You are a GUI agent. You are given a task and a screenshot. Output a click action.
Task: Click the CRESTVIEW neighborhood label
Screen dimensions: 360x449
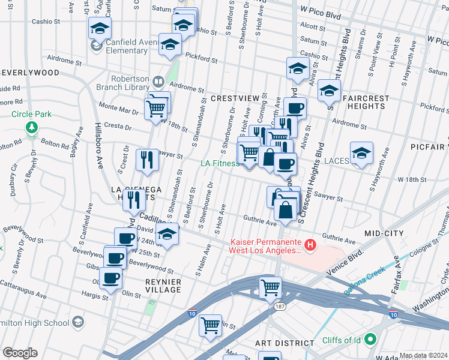pos(234,98)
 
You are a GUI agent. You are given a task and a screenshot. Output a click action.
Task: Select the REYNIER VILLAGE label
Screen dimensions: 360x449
pos(154,286)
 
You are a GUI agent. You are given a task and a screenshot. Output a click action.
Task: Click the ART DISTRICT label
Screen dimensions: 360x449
pos(285,343)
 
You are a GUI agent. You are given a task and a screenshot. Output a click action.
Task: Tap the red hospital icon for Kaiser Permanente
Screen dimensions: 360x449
pos(310,244)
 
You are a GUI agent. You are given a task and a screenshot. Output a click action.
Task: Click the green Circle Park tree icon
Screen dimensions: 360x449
pos(31,127)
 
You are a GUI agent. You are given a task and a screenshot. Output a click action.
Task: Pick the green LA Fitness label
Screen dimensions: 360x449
pos(220,163)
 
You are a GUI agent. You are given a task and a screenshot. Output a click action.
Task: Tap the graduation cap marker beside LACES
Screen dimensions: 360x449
pos(361,154)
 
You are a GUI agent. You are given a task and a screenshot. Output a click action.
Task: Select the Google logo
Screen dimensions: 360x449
pos(20,353)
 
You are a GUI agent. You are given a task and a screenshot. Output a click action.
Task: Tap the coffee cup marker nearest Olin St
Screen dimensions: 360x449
pos(111,278)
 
